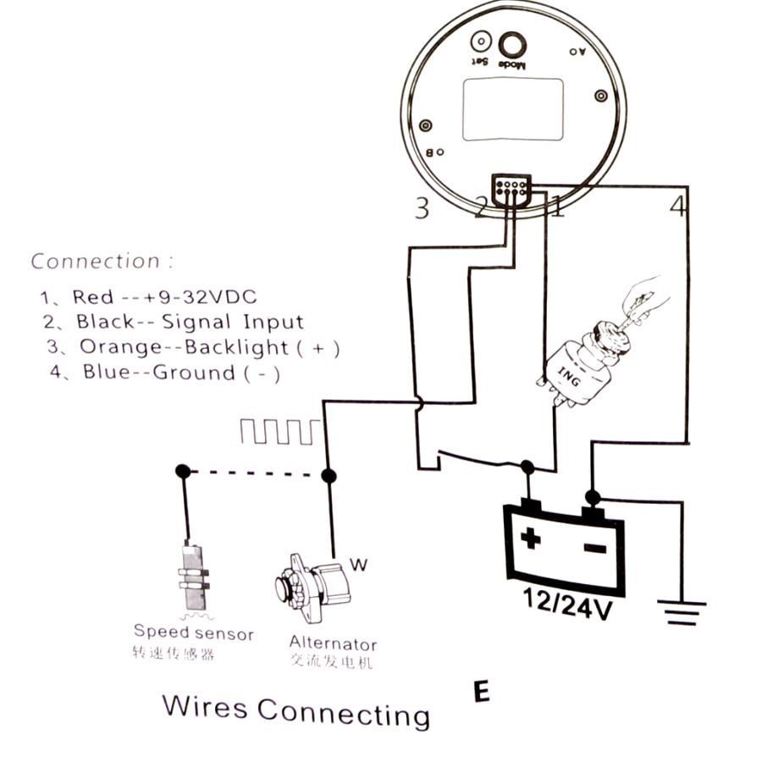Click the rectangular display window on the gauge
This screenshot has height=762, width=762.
coord(513,109)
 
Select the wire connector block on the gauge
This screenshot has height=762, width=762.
coord(511,189)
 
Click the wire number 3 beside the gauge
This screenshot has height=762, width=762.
coord(422,207)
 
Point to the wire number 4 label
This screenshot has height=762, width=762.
coord(677,206)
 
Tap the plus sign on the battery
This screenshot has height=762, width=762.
coord(531,539)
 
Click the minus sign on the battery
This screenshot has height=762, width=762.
coord(595,549)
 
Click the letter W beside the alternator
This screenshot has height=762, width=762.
coord(358,566)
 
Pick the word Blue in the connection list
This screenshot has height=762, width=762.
coord(106,373)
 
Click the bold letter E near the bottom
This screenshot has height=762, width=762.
coord(481,692)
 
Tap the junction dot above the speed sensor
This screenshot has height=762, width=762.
coord(181,470)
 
